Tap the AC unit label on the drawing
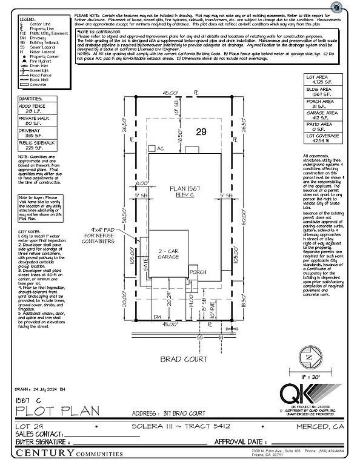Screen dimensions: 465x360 [160, 148]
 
